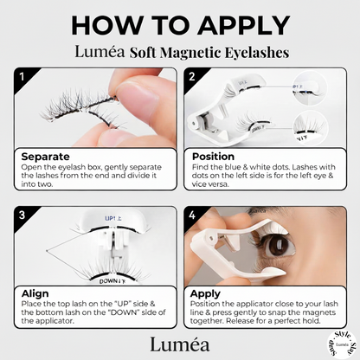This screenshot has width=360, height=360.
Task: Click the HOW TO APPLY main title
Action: coord(180,23)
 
